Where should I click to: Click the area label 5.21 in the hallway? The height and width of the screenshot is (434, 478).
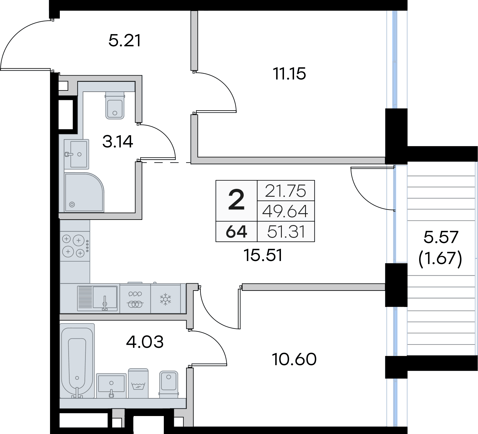(x=125, y=41)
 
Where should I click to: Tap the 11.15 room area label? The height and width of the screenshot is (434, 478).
(x=289, y=74)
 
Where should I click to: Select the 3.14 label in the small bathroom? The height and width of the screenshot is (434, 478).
(x=118, y=142)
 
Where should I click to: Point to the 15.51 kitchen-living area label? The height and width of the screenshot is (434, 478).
(x=263, y=255)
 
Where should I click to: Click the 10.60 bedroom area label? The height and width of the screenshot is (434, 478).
(x=294, y=359)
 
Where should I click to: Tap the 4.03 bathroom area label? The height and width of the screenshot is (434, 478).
(x=145, y=342)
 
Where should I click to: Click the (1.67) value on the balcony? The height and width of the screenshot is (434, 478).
(x=440, y=259)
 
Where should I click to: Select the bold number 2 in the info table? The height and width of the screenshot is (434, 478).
(x=236, y=200)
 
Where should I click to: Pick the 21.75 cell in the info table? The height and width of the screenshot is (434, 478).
(x=286, y=191)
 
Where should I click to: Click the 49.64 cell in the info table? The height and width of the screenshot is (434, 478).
(x=285, y=211)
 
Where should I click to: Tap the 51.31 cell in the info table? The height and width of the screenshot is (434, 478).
(x=286, y=232)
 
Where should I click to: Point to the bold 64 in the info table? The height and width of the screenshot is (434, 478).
(x=236, y=232)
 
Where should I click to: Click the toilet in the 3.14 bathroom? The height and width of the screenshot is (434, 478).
(x=115, y=105)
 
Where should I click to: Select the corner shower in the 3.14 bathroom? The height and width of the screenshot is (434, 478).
(x=84, y=192)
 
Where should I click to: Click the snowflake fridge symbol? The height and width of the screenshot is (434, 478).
(x=166, y=299)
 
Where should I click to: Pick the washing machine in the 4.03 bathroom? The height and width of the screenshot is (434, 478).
(x=138, y=383)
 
